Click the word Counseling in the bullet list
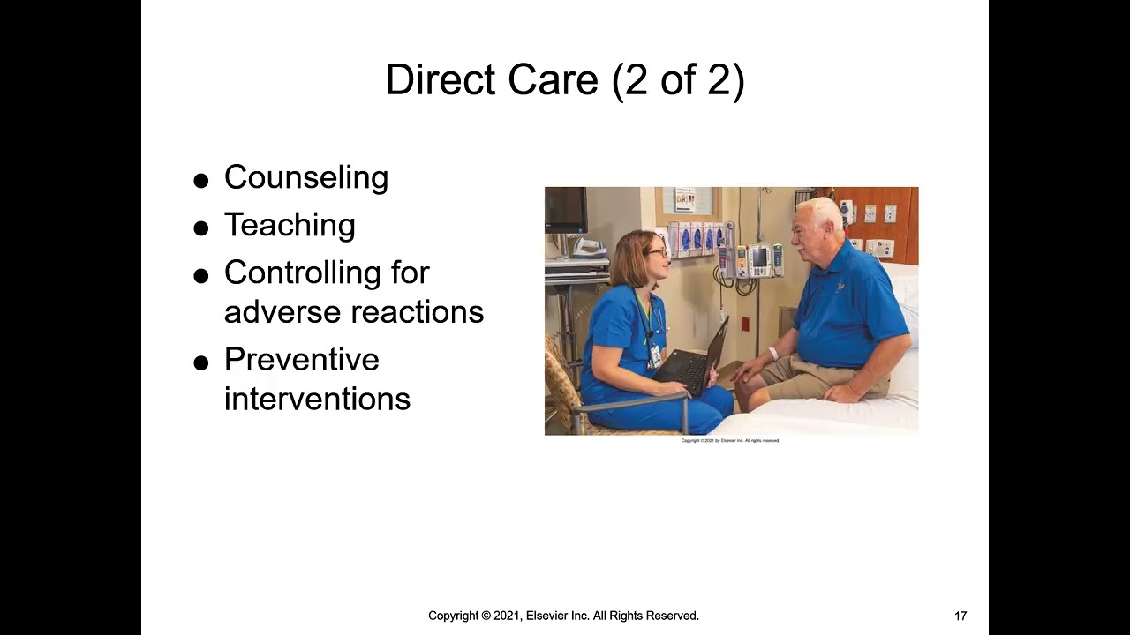pyautogui.click(x=305, y=177)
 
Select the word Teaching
pyautogui.click(x=290, y=225)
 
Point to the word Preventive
pyautogui.click(x=301, y=360)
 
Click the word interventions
pyautogui.click(x=317, y=399)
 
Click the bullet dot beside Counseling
pyautogui.click(x=201, y=181)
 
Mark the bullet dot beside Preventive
pyautogui.click(x=201, y=362)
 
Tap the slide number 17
pyautogui.click(x=960, y=616)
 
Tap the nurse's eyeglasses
pyautogui.click(x=658, y=253)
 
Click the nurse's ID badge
pyautogui.click(x=655, y=355)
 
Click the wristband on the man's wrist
pyautogui.click(x=773, y=354)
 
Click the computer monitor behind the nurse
pyautogui.click(x=565, y=210)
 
